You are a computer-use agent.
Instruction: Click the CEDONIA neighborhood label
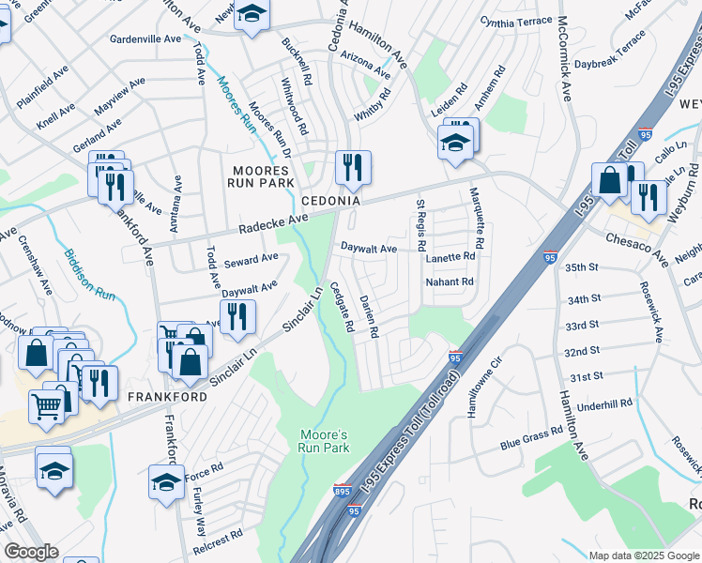point(330,202)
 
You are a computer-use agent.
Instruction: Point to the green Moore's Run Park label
point(325,442)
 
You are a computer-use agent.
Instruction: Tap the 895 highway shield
point(343,491)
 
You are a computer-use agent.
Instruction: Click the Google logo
point(32,552)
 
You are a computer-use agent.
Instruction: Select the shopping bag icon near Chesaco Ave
point(609,180)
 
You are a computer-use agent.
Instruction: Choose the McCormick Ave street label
point(565,58)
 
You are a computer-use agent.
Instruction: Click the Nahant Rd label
point(450,281)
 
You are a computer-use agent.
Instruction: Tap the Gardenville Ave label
point(145,39)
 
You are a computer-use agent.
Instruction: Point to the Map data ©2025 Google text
point(643,555)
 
